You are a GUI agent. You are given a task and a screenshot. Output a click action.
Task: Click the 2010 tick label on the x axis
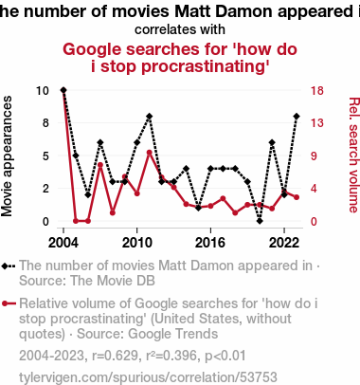(136, 243)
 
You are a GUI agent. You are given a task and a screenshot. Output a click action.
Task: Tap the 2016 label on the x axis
(210, 243)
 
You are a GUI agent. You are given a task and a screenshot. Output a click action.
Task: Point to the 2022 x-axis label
(284, 243)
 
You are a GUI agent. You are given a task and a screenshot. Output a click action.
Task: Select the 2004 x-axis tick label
(63, 243)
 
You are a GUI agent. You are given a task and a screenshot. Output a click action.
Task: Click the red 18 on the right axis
(317, 91)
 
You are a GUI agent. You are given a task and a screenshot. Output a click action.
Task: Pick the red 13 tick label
(317, 123)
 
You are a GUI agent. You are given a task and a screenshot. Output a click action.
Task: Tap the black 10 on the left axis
(43, 91)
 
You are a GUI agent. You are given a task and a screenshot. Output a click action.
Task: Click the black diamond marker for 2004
(63, 90)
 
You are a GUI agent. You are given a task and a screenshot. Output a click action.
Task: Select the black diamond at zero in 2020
(260, 221)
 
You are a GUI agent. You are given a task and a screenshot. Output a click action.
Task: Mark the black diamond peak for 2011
(150, 117)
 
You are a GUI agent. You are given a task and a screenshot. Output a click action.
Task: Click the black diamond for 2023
(297, 117)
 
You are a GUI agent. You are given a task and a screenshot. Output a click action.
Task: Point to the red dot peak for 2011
(150, 153)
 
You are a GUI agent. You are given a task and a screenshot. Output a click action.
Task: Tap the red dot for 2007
(100, 165)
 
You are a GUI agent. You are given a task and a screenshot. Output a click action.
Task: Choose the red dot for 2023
(297, 197)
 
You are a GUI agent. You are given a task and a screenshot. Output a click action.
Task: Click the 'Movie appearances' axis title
(7, 156)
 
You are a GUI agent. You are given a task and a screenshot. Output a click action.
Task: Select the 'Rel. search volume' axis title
(354, 155)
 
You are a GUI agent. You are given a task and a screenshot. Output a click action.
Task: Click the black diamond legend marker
(9, 266)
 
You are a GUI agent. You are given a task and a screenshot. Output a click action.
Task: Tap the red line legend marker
(9, 303)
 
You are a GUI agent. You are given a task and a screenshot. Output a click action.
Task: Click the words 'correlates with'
(180, 29)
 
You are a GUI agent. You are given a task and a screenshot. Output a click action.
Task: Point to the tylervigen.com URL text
(148, 377)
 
